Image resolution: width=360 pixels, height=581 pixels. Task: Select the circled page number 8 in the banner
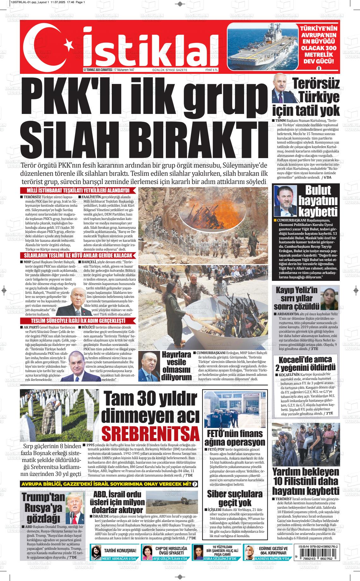[319, 68]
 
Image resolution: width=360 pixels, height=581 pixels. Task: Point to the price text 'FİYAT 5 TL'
[212, 70]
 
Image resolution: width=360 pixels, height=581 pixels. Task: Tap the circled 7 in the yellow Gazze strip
[195, 484]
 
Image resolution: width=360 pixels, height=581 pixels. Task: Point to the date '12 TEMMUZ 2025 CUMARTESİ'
[98, 70]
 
